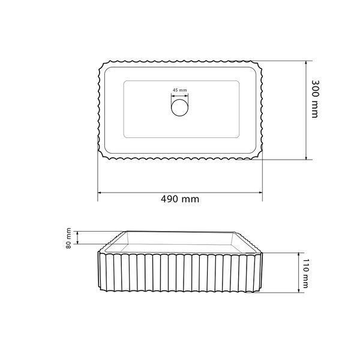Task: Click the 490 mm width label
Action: click(180, 199)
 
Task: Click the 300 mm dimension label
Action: click(315, 99)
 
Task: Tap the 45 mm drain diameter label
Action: click(180, 90)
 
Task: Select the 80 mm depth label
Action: click(68, 238)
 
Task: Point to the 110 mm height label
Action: click(305, 274)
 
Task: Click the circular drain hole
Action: click(180, 107)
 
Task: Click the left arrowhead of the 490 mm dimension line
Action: click(100, 193)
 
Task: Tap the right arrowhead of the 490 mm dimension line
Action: click(260, 193)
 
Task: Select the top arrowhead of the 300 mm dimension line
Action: click(306, 63)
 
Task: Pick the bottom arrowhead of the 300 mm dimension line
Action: click(306, 157)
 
